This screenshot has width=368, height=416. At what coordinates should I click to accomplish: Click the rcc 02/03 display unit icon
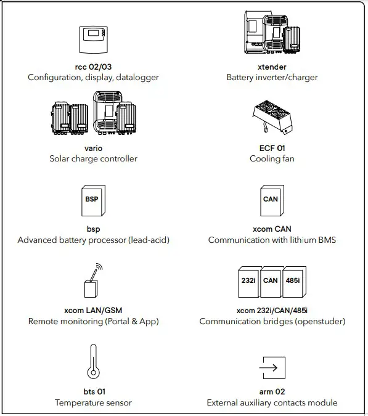click(93, 41)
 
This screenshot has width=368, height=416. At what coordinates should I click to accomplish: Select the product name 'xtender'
click(272, 67)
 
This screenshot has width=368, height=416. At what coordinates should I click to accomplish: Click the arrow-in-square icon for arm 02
click(271, 368)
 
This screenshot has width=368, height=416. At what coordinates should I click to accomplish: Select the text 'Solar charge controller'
click(93, 159)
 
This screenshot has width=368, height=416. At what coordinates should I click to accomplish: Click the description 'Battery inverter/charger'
click(272, 78)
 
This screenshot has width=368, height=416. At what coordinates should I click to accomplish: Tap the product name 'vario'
click(93, 149)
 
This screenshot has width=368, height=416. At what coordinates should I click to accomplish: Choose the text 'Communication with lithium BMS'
click(272, 240)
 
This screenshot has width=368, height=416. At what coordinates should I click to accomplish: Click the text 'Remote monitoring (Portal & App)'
click(93, 322)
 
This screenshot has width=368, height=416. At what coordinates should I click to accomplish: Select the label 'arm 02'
click(272, 392)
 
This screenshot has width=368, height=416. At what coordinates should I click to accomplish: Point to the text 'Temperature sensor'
click(93, 403)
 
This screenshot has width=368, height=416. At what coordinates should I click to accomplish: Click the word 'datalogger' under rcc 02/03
click(137, 78)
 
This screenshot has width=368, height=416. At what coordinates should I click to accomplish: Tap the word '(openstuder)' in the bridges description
click(322, 322)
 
